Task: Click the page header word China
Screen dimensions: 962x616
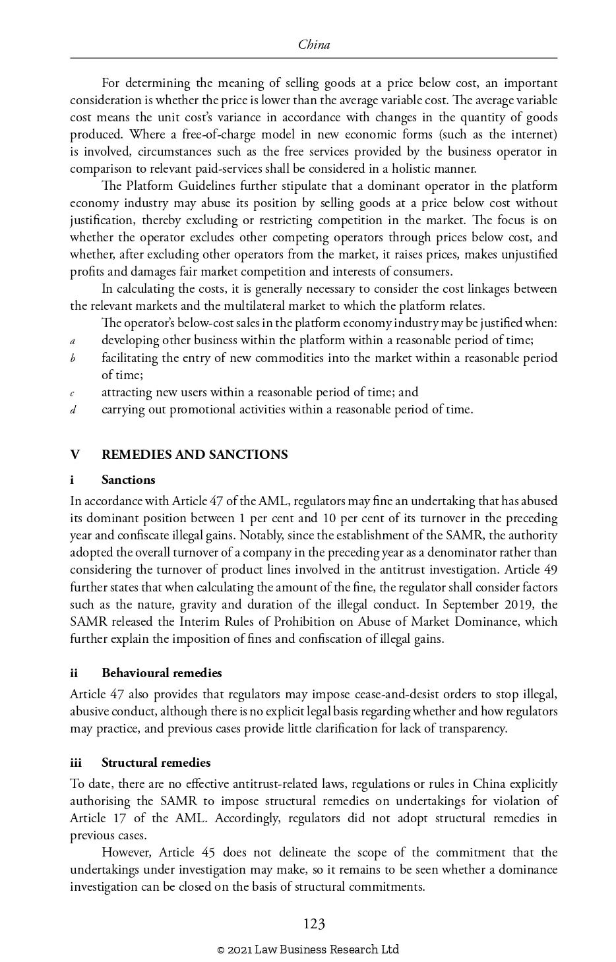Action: click(x=314, y=45)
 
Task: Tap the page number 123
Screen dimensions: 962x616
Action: click(x=314, y=924)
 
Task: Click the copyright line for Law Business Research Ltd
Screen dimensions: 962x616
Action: click(x=308, y=949)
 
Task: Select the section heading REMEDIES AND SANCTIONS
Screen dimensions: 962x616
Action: click(x=195, y=454)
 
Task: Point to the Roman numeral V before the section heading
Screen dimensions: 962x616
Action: click(x=75, y=454)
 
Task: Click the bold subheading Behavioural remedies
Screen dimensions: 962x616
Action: click(x=162, y=673)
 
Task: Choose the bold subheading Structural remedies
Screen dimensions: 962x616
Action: click(x=156, y=762)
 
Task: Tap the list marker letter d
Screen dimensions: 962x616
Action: click(x=74, y=410)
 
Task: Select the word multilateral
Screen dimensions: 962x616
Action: click(x=259, y=306)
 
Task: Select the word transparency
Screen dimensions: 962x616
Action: click(x=470, y=728)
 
